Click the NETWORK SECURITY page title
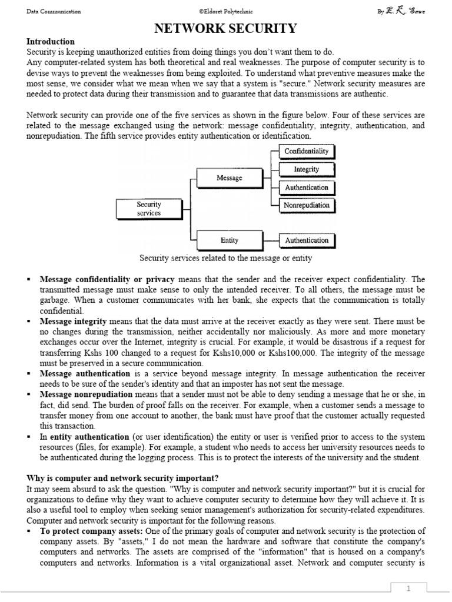coord(225,28)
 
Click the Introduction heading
coord(51,42)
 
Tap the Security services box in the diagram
coord(149,209)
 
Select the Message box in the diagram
coord(230,178)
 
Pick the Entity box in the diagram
coord(230,240)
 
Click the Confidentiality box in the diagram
coord(307,152)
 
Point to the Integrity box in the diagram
coord(307,170)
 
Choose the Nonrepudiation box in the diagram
coord(307,205)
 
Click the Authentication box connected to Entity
coord(307,240)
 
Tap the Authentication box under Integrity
coord(307,188)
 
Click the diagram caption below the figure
coord(225,258)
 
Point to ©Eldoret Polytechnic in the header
coord(226,12)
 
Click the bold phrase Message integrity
coord(73,322)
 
